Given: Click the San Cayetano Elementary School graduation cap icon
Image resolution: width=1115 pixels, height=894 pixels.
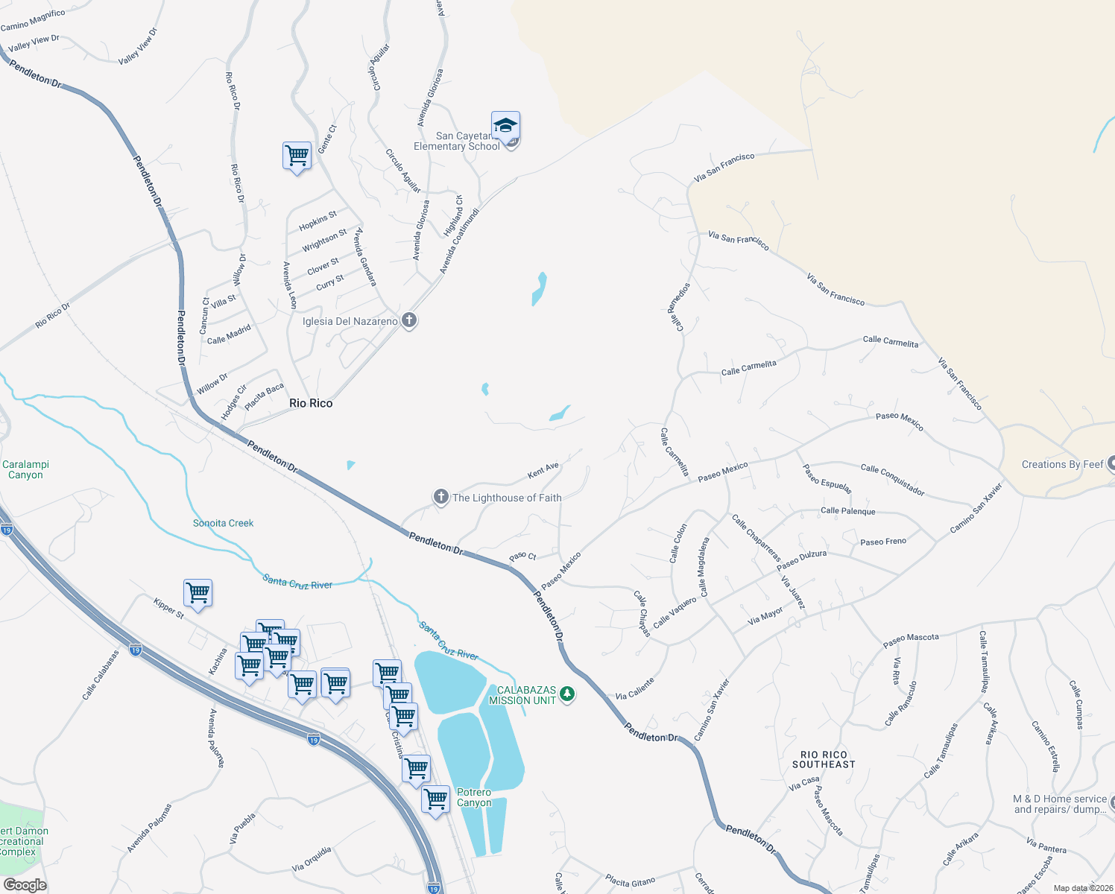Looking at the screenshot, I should [505, 125].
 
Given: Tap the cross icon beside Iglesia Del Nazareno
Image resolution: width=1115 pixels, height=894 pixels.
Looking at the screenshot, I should [408, 321].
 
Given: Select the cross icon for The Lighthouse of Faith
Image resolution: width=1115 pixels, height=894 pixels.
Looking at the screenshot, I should [440, 497].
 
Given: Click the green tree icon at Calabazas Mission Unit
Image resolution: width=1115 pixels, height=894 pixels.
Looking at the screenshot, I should [567, 695].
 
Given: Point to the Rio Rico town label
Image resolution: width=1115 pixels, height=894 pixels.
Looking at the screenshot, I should [311, 403].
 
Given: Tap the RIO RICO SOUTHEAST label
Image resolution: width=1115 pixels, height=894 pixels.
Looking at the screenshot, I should [824, 760].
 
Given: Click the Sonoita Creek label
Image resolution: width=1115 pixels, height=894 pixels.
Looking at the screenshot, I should [223, 523].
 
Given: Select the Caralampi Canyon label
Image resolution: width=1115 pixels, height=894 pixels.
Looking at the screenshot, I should [25, 469].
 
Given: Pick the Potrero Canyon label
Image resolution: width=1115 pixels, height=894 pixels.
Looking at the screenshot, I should [474, 797].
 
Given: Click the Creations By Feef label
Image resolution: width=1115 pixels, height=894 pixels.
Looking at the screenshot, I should [1062, 464].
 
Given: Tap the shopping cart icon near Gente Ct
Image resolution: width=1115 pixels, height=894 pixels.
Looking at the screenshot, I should [297, 156].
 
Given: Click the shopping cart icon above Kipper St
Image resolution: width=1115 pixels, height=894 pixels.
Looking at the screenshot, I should [198, 593].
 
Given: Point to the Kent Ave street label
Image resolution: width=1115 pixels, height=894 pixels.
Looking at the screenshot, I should [543, 471].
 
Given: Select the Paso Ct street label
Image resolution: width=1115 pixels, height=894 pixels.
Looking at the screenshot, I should [522, 557].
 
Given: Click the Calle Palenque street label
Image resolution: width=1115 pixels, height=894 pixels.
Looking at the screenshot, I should [847, 511].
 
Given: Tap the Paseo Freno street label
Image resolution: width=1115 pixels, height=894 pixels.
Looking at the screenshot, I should [883, 542].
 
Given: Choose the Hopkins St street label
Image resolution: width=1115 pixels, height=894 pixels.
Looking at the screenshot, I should [318, 221].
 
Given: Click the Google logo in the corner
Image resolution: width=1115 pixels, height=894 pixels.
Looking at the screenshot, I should [25, 884].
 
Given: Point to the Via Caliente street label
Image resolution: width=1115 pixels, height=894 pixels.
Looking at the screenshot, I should [635, 689].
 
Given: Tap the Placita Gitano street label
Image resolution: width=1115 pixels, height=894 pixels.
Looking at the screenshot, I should [630, 882].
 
